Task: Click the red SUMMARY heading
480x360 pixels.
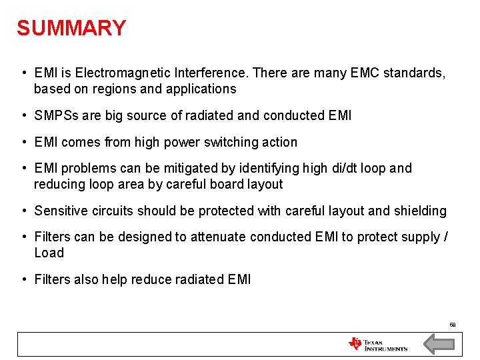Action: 71,28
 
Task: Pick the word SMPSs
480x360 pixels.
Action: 57,116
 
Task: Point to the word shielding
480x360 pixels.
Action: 419,211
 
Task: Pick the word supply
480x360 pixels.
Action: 422,237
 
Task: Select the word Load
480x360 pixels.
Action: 49,253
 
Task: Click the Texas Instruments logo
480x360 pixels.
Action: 378,344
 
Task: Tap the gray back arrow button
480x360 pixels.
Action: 439,344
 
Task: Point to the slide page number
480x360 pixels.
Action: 452,325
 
